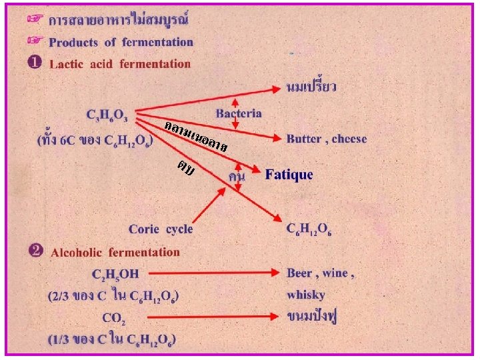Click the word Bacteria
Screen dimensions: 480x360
(239, 115)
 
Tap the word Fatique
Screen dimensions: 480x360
(289, 175)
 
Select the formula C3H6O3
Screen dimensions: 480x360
(111, 115)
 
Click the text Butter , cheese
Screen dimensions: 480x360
(327, 139)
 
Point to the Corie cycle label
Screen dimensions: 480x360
(161, 229)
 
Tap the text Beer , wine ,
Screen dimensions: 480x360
(320, 273)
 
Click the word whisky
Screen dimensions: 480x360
(306, 294)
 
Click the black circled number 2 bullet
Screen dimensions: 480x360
(36, 251)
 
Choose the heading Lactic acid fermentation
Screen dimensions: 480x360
(120, 64)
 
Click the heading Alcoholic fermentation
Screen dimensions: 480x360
(115, 252)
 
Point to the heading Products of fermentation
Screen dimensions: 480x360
(121, 42)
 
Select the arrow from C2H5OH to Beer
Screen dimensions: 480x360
(213, 273)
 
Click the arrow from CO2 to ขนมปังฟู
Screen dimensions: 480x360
(213, 317)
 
